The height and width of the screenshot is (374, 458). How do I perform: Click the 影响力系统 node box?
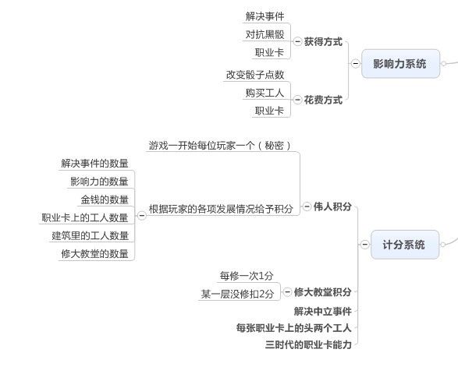[x=400, y=64]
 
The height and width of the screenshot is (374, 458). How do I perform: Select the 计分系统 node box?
[x=405, y=245]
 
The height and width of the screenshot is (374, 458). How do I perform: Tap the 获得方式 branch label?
[x=323, y=42]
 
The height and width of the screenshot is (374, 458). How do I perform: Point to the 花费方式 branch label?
[x=323, y=100]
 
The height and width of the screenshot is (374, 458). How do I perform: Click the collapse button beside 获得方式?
[x=297, y=42]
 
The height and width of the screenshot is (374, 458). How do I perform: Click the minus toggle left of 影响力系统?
[x=356, y=63]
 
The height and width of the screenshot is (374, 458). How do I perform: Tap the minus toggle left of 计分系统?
[x=365, y=245]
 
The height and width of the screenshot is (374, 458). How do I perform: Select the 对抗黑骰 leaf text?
[x=265, y=34]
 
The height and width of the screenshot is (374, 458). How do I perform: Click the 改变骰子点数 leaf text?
[x=255, y=75]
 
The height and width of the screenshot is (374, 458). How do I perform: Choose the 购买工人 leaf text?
[x=265, y=93]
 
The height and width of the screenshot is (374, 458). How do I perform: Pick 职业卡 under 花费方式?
[x=270, y=111]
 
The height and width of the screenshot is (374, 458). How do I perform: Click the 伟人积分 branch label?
[x=332, y=206]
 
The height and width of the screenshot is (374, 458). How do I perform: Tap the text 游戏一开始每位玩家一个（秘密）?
[x=220, y=145]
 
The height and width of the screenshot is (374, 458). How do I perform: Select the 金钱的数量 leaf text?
[x=105, y=199]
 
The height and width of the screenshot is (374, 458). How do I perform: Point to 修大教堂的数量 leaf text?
[x=95, y=254]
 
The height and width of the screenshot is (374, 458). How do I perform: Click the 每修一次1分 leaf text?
[x=247, y=276]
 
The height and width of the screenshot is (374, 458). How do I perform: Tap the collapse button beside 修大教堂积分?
[x=287, y=291]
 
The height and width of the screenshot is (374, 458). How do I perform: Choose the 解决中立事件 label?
[x=323, y=312]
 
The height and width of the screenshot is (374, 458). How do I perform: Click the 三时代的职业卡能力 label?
[x=308, y=345]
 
